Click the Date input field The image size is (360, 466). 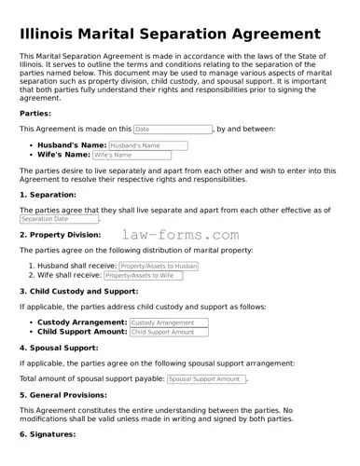click(x=173, y=129)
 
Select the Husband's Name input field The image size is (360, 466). click(x=147, y=145)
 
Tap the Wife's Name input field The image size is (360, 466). click(x=132, y=155)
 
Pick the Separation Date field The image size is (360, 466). click(x=58, y=219)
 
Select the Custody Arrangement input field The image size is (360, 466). click(x=168, y=322)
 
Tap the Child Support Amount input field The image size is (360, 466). click(x=168, y=332)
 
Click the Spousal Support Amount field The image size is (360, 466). click(x=206, y=379)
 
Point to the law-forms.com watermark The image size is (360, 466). click(x=180, y=236)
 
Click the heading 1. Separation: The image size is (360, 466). click(x=48, y=195)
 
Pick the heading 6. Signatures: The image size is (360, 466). click(x=47, y=435)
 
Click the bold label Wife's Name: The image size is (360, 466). click(x=63, y=155)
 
